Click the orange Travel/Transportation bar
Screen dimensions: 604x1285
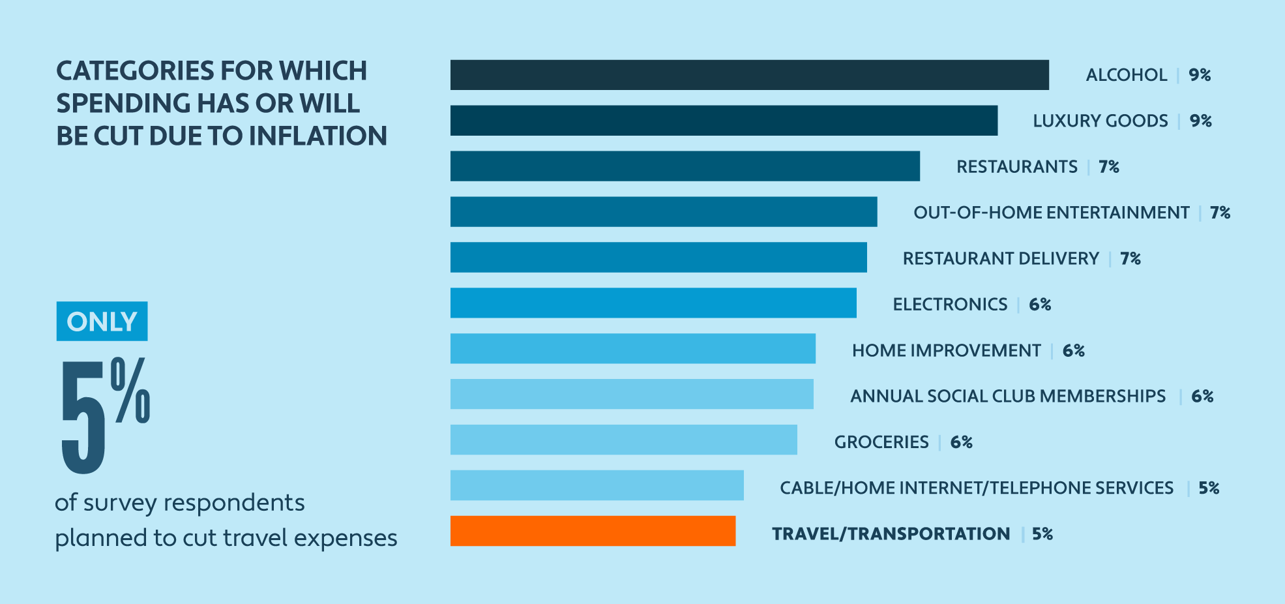[x=593, y=531]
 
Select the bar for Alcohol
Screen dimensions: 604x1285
[x=749, y=75]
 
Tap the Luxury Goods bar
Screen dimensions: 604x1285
[x=724, y=121]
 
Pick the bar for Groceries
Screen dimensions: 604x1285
[x=623, y=440]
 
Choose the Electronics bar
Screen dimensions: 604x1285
[x=653, y=303]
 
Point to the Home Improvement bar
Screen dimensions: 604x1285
[x=632, y=348]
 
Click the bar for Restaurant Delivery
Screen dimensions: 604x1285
[x=658, y=257]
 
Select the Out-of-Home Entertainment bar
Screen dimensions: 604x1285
[x=664, y=212]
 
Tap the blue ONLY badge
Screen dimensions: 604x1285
[x=102, y=321]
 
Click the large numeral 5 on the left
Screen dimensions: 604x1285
[x=83, y=417]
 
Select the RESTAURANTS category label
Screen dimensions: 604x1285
[x=1016, y=167]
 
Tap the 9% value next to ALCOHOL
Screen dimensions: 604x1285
[x=1200, y=75]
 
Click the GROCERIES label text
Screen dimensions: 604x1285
[x=881, y=442]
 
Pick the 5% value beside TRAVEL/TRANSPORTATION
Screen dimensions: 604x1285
[x=1042, y=534]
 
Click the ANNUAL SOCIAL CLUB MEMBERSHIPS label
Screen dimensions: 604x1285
[x=1008, y=397]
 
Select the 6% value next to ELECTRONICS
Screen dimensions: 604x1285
[x=1040, y=305]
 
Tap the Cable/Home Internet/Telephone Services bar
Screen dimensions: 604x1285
[x=597, y=485]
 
